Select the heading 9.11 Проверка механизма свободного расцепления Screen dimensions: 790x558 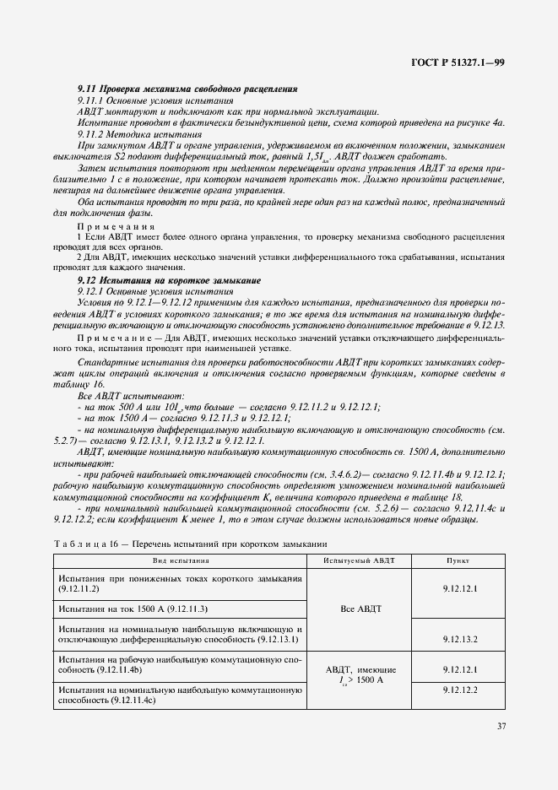(187, 89)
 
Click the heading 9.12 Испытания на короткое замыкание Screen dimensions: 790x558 (169, 279)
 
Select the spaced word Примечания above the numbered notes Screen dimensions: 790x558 (116, 227)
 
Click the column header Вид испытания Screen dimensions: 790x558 (180, 560)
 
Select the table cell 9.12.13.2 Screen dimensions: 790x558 (459, 639)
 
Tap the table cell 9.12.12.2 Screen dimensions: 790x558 (459, 690)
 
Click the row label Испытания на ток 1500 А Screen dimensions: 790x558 (133, 608)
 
